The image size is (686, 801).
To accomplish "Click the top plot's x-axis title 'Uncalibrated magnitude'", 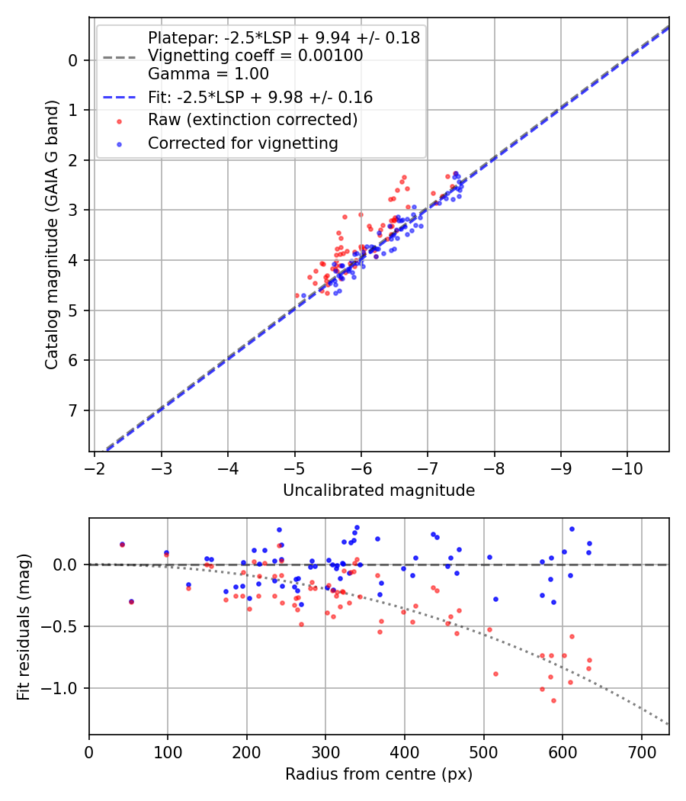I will point(379,491).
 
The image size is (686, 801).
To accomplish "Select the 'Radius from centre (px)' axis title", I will point(379,774).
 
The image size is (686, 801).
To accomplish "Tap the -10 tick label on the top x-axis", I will point(627,466).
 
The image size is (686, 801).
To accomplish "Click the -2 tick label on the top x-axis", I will point(94,466).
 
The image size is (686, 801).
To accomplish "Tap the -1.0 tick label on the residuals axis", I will point(65,688).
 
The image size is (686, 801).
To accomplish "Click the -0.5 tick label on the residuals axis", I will point(65,626).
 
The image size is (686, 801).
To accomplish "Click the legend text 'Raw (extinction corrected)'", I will point(252,120).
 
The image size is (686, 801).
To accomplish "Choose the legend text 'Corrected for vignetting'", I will point(243,143).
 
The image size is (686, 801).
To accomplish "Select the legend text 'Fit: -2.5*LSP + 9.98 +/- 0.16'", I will point(260,97).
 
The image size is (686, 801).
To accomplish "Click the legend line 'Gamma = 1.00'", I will point(208,74).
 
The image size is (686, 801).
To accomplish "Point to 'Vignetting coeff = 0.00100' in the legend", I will point(255,56).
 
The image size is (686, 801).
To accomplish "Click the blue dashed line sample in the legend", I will point(119,97).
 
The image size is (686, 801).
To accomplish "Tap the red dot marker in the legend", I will point(119,121).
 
